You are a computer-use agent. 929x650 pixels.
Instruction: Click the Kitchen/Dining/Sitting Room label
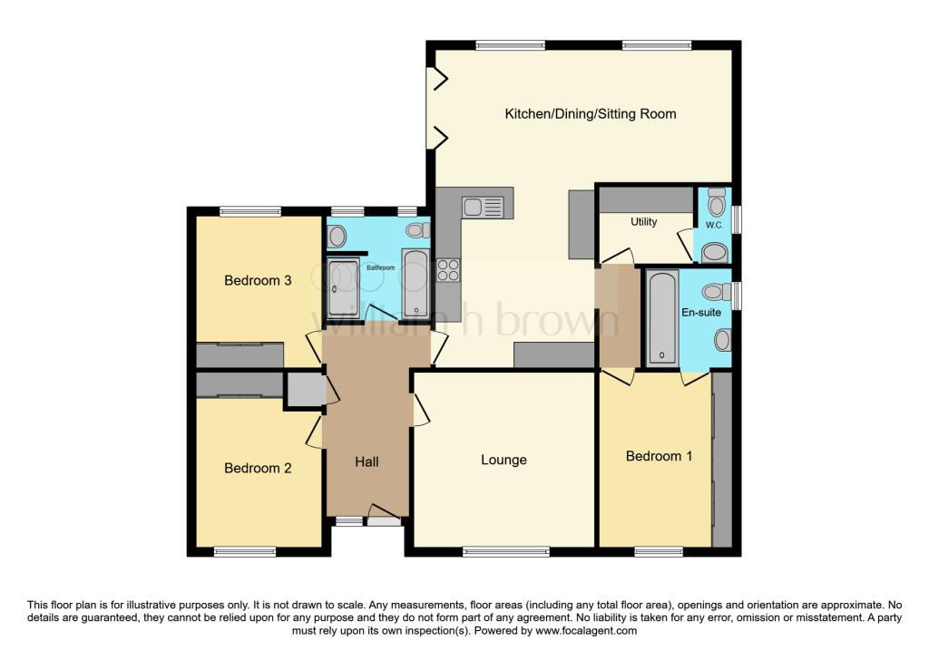pyautogui.click(x=590, y=113)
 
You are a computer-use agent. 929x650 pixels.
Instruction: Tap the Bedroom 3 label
pyautogui.click(x=258, y=281)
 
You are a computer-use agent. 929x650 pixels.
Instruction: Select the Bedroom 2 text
pyautogui.click(x=258, y=469)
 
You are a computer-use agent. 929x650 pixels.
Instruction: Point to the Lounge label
pyautogui.click(x=504, y=460)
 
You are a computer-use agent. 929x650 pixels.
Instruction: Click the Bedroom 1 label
pyautogui.click(x=659, y=456)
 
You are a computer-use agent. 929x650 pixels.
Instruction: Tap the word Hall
pyautogui.click(x=367, y=461)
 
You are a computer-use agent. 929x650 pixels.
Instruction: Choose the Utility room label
pyautogui.click(x=643, y=221)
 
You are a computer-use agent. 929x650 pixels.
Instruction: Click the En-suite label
pyautogui.click(x=701, y=312)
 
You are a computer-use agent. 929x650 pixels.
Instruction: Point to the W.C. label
pyautogui.click(x=714, y=225)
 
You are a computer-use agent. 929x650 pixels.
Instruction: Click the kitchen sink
pyautogui.click(x=483, y=208)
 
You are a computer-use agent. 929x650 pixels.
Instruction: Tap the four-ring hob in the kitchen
pyautogui.click(x=448, y=270)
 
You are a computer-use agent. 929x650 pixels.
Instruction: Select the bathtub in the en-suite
pyautogui.click(x=661, y=316)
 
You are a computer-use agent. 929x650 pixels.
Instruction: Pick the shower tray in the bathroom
pyautogui.click(x=343, y=287)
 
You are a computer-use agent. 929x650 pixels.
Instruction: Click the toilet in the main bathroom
pyautogui.click(x=418, y=230)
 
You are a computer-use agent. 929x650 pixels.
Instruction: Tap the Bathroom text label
pyautogui.click(x=380, y=267)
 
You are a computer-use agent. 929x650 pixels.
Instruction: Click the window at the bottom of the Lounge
pyautogui.click(x=506, y=552)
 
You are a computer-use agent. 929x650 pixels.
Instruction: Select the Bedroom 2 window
pyautogui.click(x=245, y=552)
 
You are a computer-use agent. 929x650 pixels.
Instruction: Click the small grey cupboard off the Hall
pyautogui.click(x=305, y=390)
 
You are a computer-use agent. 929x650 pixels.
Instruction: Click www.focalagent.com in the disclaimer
pyautogui.click(x=586, y=630)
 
